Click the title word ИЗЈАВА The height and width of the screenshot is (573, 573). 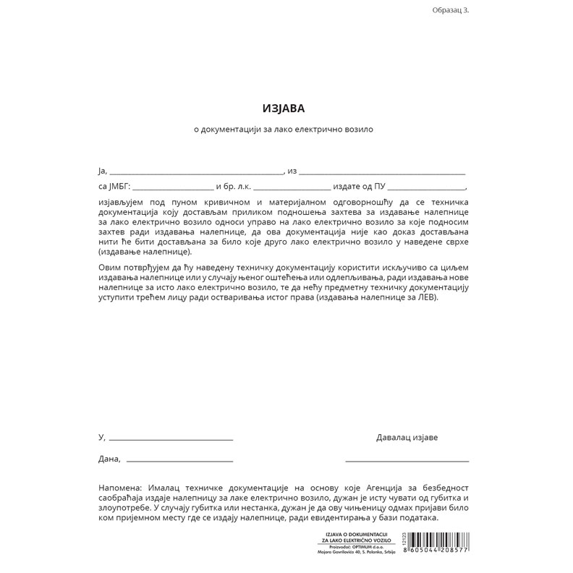coord(284,109)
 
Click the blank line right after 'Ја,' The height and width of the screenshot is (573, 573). coord(195,174)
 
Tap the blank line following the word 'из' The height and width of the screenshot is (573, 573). coord(382,174)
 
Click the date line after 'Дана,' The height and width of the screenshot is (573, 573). coord(179,461)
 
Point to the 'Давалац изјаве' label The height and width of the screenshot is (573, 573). coord(407,437)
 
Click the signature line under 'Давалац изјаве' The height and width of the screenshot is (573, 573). coord(407,460)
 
